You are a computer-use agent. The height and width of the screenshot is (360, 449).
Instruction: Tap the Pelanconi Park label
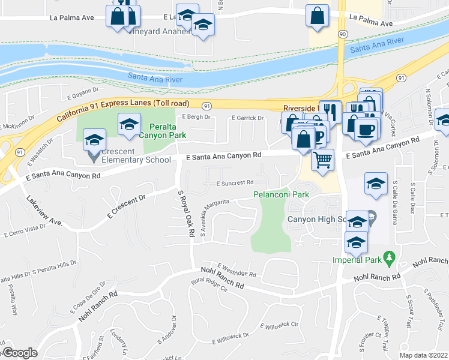[x=281, y=194]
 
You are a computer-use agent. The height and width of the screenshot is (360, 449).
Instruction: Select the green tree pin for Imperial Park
[x=390, y=259]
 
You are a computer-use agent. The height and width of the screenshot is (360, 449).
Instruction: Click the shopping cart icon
[x=323, y=160]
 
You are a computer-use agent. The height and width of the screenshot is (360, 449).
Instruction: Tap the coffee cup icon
[x=366, y=128]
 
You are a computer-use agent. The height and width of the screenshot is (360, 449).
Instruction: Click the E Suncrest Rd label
[x=231, y=182]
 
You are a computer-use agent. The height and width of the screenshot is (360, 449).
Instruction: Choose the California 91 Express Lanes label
[x=113, y=110]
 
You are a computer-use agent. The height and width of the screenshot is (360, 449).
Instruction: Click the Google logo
[x=19, y=353]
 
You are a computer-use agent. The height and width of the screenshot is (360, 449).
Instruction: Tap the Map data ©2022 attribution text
[x=423, y=355]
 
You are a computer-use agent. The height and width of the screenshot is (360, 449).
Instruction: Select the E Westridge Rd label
[x=237, y=270]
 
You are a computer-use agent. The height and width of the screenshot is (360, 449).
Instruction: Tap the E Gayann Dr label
[x=82, y=94]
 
